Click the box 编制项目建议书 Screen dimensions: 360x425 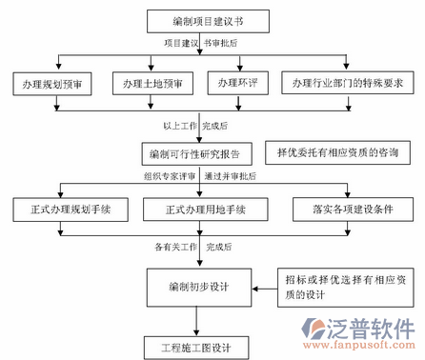(200, 20)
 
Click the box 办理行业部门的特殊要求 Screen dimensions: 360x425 (347, 85)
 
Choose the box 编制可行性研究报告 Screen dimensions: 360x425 (201, 152)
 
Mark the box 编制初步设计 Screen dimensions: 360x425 (201, 285)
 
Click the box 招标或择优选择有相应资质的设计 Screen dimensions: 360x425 (344, 287)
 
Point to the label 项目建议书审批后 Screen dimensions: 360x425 (199, 43)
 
